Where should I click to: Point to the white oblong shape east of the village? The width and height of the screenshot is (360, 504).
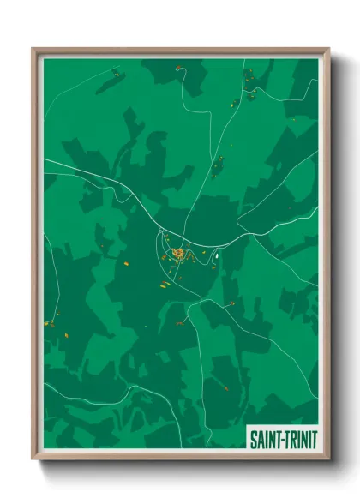[x=218, y=254]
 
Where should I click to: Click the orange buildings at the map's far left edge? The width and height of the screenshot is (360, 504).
[x=51, y=324]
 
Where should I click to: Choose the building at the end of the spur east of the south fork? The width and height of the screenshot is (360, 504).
[x=231, y=303]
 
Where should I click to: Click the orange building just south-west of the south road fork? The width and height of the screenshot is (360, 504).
[x=181, y=322]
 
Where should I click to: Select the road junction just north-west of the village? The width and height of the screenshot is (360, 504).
[x=160, y=232]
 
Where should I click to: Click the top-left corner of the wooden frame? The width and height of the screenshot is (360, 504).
[x=33, y=49]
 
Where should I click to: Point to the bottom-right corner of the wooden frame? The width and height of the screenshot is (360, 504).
[x=328, y=460]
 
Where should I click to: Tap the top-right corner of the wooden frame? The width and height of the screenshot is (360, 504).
[x=328, y=49]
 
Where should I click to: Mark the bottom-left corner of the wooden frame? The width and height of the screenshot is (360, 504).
[x=33, y=460]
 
